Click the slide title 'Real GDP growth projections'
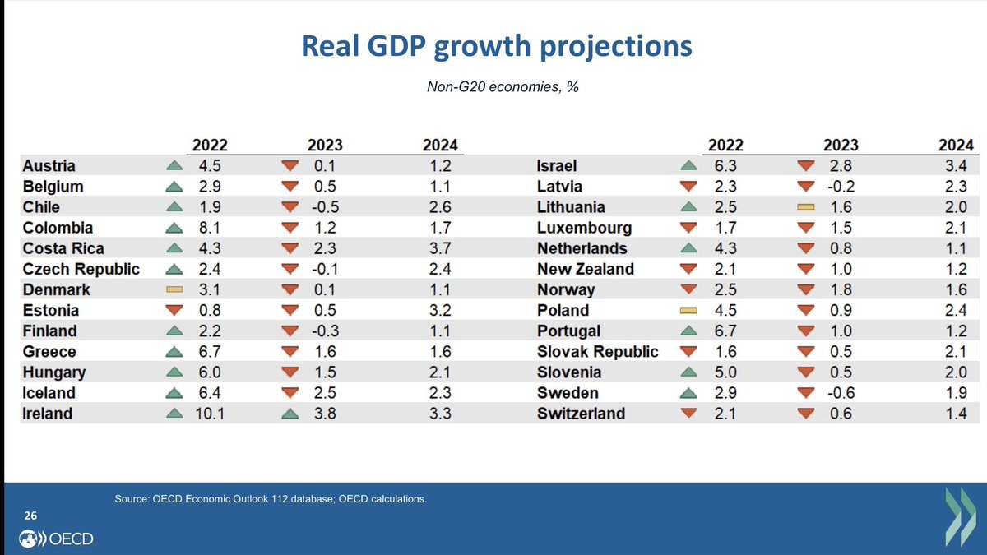pyautogui.click(x=497, y=46)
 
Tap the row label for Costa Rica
pyautogui.click(x=63, y=248)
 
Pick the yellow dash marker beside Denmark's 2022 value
pyautogui.click(x=174, y=290)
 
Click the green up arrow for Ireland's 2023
pyautogui.click(x=289, y=414)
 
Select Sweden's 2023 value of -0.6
pyautogui.click(x=839, y=393)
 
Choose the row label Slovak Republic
pyautogui.click(x=598, y=352)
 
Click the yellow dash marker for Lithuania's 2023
pyautogui.click(x=806, y=208)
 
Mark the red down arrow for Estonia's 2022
pyautogui.click(x=174, y=311)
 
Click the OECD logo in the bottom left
pyautogui.click(x=56, y=539)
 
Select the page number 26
pyautogui.click(x=30, y=516)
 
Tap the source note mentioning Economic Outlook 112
pyautogui.click(x=271, y=498)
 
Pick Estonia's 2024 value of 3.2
pyautogui.click(x=441, y=311)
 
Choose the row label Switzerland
pyautogui.click(x=581, y=414)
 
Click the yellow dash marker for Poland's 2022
pyautogui.click(x=689, y=311)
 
